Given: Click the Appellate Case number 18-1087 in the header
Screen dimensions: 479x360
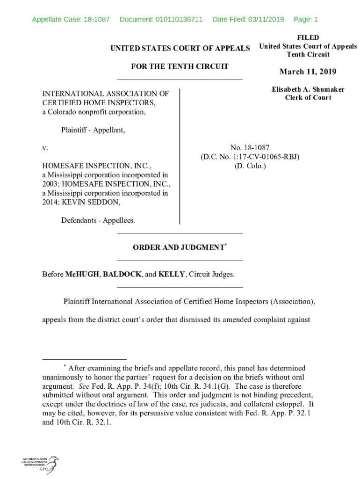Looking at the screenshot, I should [96, 19].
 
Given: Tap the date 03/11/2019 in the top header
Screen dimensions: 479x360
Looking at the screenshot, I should [266, 19].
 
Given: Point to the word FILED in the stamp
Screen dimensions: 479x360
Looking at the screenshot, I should [308, 37].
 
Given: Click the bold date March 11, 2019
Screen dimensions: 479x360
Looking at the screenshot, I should [308, 72].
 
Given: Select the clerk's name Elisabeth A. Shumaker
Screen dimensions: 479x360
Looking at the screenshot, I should [308, 89].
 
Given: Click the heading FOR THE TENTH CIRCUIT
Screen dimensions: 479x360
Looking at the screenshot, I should [180, 66].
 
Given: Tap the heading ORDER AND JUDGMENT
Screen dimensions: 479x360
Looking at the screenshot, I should [179, 247].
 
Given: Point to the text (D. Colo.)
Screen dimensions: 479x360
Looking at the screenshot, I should [250, 166].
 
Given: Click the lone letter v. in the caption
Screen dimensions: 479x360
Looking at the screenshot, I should [45, 148].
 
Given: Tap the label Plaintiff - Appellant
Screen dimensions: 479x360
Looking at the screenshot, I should [93, 130].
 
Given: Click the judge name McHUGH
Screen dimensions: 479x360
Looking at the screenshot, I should [82, 274].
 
